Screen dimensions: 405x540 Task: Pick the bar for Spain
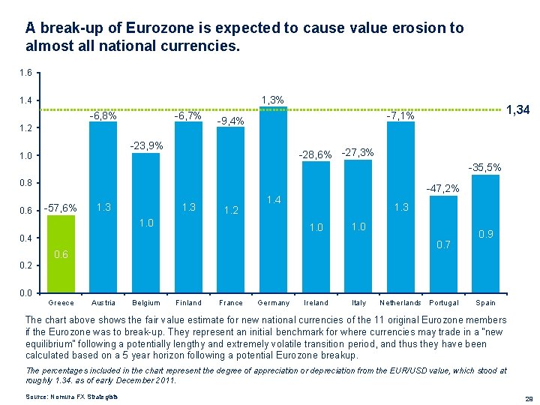485,233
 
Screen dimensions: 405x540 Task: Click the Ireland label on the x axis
316,303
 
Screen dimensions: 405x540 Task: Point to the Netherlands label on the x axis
400,303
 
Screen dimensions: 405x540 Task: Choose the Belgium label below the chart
145,303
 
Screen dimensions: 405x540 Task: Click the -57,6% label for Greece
60,208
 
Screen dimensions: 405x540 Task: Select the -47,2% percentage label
442,189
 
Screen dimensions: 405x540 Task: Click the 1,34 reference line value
518,110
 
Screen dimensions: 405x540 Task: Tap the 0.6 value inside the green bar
61,255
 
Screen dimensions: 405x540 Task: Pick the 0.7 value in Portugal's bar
443,244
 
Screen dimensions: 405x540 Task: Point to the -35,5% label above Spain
484,167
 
